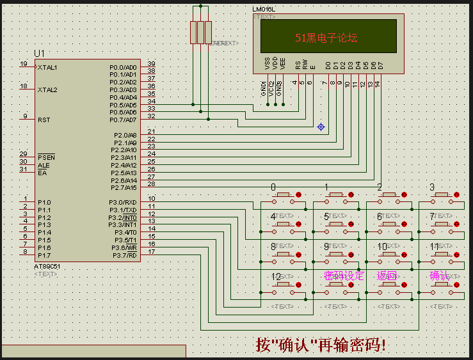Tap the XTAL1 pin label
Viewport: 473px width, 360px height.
coord(47,67)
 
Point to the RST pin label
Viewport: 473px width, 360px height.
coord(44,120)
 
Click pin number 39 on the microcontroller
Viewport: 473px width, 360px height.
coord(151,63)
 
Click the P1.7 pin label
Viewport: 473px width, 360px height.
coord(44,255)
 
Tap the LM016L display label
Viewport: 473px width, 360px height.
coord(264,10)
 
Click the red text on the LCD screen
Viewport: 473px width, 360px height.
coord(326,38)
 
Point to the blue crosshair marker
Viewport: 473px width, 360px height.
coord(321,127)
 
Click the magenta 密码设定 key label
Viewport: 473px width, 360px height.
coord(344,276)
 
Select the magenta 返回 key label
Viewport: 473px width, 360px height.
coord(387,276)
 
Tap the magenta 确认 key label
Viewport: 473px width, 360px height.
coord(440,276)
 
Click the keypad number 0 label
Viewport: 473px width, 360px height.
coord(273,187)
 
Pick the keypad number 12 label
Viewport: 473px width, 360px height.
coord(276,277)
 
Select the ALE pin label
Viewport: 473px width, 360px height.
coord(43,165)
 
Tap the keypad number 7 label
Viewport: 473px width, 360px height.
coord(432,217)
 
